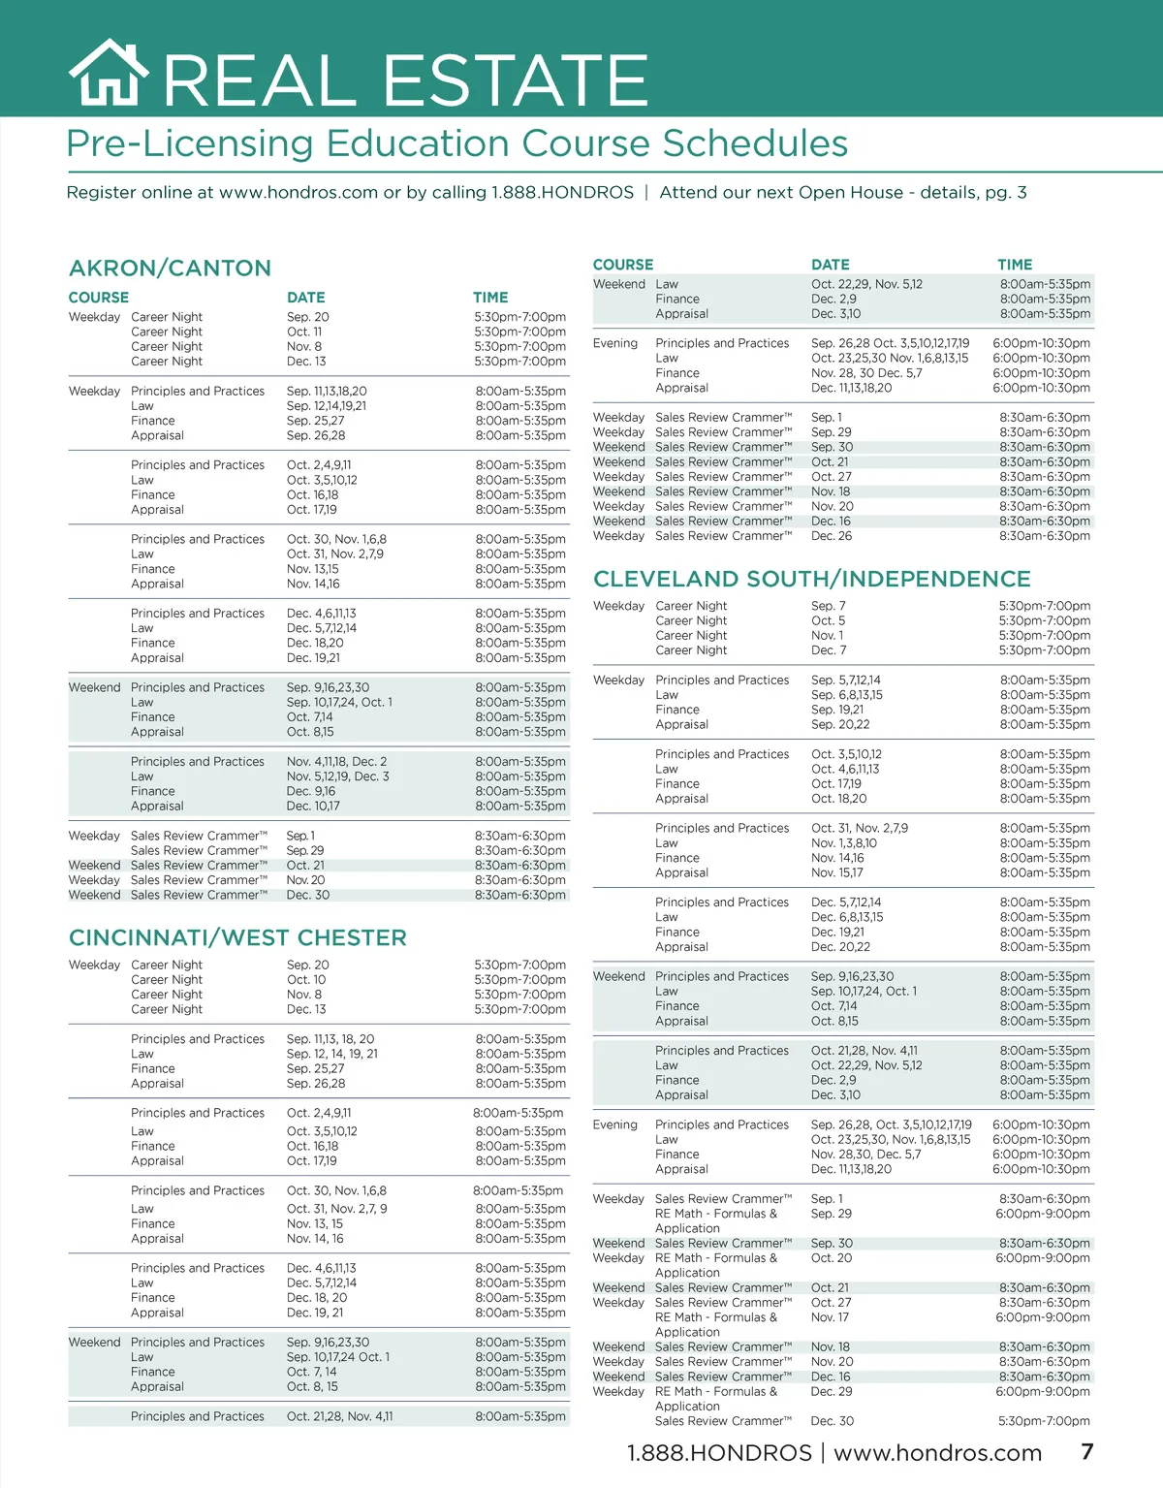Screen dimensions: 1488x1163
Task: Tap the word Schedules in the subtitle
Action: point(755,143)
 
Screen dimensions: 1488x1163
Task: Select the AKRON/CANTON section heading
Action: point(170,269)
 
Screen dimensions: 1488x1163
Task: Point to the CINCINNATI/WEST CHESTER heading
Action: point(237,937)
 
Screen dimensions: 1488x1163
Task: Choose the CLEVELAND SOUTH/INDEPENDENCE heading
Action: point(811,579)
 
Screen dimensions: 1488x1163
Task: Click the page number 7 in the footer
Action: point(1087,1451)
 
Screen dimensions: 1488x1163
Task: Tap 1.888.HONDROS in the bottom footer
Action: point(719,1453)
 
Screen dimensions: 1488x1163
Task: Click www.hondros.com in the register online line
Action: point(298,192)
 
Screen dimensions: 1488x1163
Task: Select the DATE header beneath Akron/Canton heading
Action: point(305,298)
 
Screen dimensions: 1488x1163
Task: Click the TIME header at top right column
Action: point(1015,265)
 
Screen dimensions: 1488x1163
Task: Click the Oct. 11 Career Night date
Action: point(303,332)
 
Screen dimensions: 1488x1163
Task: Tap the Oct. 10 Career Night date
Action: point(305,979)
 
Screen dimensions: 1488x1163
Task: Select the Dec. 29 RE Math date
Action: point(832,1391)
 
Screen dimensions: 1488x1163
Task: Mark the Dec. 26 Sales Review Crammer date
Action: point(832,536)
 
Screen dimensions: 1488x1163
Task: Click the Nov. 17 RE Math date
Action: point(830,1317)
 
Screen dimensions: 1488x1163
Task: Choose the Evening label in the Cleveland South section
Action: point(614,1124)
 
